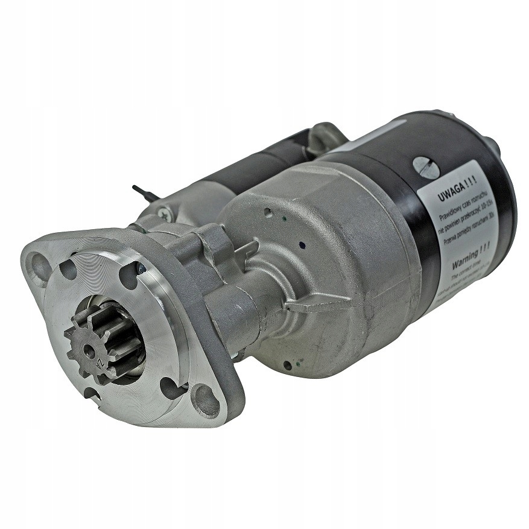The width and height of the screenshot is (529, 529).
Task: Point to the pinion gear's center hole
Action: click(x=90, y=348)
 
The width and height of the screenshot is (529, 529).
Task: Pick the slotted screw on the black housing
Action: click(x=427, y=166)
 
